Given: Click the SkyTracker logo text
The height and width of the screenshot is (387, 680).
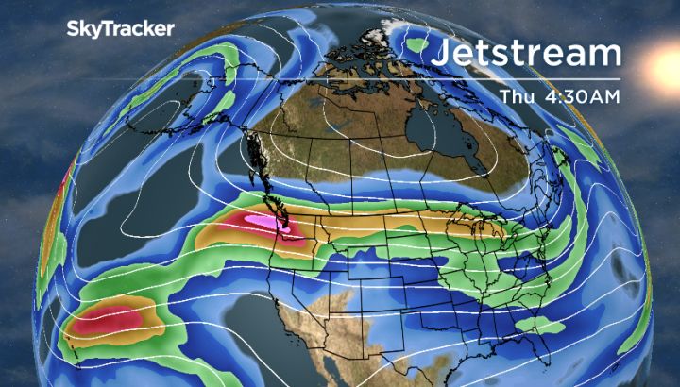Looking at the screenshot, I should coord(120,29).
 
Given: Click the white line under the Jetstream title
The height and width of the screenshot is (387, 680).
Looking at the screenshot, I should coord(527,78).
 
